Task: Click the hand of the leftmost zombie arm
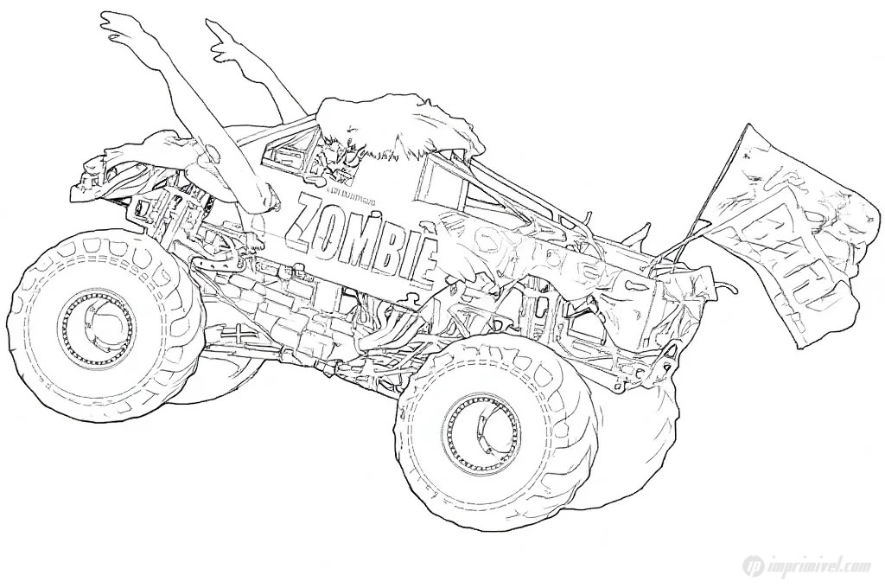click(121, 29)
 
